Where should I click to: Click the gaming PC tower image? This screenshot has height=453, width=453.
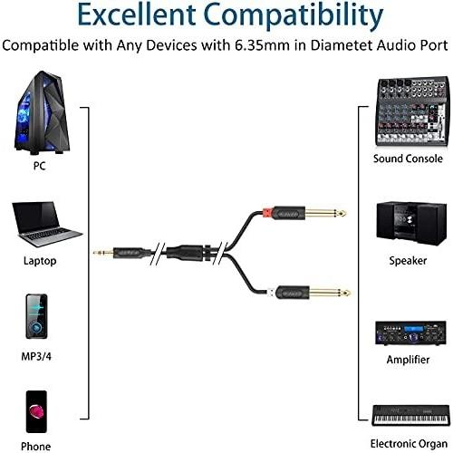click(x=43, y=112)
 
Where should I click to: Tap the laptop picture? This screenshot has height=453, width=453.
click(x=47, y=224)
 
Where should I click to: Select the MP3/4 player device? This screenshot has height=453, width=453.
click(x=36, y=316)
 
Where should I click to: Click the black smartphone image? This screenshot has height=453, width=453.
click(x=36, y=411)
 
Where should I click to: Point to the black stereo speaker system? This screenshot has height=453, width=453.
click(x=411, y=224)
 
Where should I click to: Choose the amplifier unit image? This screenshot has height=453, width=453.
click(x=410, y=333)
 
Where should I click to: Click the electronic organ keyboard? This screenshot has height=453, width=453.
click(x=410, y=416)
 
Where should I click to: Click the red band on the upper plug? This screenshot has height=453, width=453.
click(x=267, y=213)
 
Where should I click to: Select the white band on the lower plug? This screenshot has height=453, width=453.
click(x=271, y=293)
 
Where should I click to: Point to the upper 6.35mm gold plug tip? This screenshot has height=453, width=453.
click(x=342, y=214)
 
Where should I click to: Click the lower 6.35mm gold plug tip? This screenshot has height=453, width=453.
click(x=347, y=293)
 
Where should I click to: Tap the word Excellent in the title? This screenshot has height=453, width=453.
click(x=137, y=15)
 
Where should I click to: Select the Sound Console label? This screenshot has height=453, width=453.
click(x=408, y=159)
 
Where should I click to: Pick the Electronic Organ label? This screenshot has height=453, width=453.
click(x=409, y=444)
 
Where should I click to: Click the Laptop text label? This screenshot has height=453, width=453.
click(x=40, y=261)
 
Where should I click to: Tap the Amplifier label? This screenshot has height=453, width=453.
click(x=408, y=360)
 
